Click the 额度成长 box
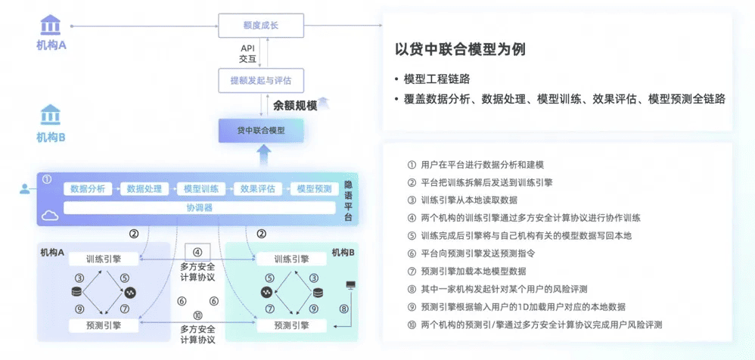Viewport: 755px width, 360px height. tap(261, 26)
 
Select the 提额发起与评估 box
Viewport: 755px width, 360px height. tap(261, 79)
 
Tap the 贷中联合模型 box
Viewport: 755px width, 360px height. tap(261, 131)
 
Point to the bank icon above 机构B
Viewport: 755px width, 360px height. tap(51, 115)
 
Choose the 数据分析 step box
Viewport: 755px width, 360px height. tap(87, 188)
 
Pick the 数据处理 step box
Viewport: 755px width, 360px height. tap(144, 188)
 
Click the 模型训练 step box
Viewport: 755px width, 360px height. tap(201, 188)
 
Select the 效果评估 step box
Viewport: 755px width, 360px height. tap(258, 188)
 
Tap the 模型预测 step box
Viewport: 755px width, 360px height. tap(314, 188)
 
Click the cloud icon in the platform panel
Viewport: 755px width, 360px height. tap(51, 216)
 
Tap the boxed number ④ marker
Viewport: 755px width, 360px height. tap(197, 253)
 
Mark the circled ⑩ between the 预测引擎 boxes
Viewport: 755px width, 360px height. tap(197, 315)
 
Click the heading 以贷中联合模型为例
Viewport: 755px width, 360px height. tap(460, 50)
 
